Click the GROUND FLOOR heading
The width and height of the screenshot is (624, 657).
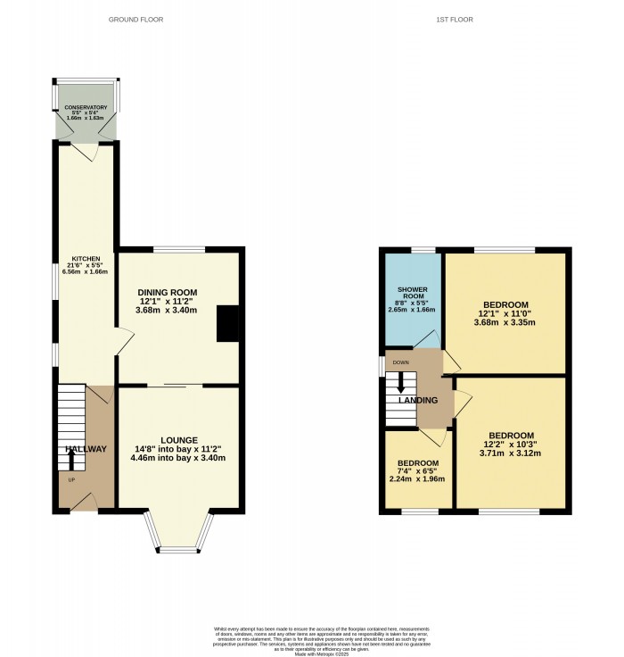tap(135, 19)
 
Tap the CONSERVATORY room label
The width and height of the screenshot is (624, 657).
tap(86, 108)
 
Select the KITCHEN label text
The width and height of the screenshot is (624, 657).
tap(86, 260)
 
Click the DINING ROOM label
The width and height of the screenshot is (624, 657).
tap(167, 292)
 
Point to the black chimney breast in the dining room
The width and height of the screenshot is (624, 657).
tap(229, 323)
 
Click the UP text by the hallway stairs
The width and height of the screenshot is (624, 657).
tap(71, 481)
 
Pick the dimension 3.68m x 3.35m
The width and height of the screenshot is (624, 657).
tap(505, 323)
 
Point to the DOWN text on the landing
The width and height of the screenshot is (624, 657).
tap(400, 362)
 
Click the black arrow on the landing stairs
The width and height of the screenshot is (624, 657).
tap(400, 381)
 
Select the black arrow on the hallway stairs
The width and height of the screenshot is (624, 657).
tap(71, 459)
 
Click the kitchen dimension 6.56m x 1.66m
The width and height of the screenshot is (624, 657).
tap(86, 272)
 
